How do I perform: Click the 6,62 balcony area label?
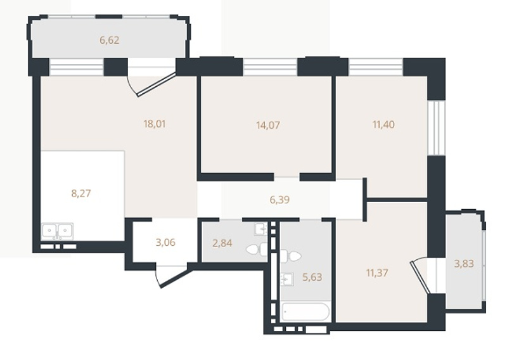point(110,41)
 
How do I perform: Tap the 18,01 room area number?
point(155,124)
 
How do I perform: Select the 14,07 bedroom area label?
point(268,125)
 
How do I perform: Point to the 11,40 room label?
point(383,124)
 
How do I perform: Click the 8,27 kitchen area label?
point(81,193)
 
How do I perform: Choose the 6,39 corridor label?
point(279,200)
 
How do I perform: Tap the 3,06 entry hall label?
point(165,242)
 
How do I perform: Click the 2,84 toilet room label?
point(222,243)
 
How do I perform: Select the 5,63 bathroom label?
point(312,277)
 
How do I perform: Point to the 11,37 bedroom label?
point(377,273)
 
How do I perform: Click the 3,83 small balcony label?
point(464,264)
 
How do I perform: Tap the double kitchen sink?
point(57,231)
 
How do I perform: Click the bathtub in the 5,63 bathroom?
point(305,312)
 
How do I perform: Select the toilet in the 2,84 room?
point(257,249)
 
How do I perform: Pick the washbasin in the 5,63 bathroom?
point(287,279)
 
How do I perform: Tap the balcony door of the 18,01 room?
point(152,82)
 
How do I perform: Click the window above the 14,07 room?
point(270,67)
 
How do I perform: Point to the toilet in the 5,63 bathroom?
point(290,256)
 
